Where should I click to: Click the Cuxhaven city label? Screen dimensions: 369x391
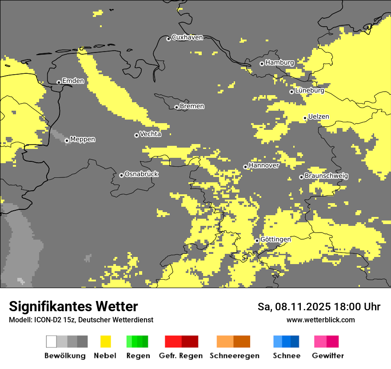187,37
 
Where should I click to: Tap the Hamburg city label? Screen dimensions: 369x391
279,63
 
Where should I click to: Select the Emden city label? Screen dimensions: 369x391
73,81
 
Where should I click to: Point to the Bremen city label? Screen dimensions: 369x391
192,106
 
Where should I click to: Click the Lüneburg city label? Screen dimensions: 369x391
309,90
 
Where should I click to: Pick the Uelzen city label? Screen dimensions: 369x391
319,117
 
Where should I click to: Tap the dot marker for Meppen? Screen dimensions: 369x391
67,140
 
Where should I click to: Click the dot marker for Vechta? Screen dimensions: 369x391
136,135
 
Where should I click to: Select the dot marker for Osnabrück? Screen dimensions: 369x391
121,175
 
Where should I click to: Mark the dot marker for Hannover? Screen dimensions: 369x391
245,167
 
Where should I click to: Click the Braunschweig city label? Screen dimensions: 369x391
326,176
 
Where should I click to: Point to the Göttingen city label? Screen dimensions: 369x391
275,240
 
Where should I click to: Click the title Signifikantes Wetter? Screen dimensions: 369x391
73,306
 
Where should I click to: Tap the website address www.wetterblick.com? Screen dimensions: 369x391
320,320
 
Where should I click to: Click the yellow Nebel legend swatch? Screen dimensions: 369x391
106,341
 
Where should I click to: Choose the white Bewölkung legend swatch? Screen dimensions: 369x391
52,341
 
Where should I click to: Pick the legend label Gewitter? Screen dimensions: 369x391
327,356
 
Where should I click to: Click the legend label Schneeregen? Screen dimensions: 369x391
234,356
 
